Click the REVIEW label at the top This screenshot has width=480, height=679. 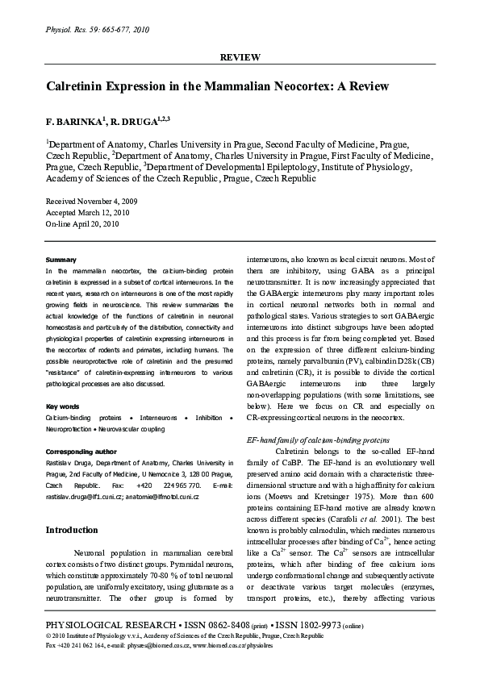pyautogui.click(x=240, y=57)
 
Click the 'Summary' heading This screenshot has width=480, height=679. pyautogui.click(x=61, y=260)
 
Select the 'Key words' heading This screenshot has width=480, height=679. pyautogui.click(x=63, y=406)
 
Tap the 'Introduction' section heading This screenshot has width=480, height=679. pyautogui.click(x=72, y=531)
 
